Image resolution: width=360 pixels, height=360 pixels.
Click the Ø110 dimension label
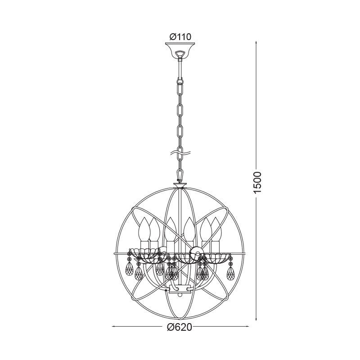pos(180,37)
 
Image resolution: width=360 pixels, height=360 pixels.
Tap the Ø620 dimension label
pos(179,328)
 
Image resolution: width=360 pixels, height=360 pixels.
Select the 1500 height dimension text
pos(258,183)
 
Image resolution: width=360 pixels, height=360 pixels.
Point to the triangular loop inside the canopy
pos(180,54)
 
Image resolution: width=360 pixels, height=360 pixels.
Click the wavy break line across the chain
pos(180,153)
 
